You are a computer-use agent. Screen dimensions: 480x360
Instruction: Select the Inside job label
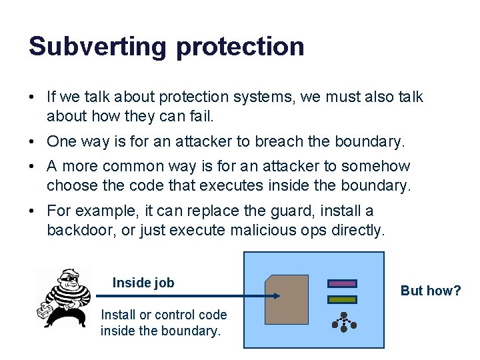(143, 283)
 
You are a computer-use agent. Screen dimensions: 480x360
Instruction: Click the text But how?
(431, 291)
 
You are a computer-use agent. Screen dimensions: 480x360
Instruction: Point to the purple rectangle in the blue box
(342, 283)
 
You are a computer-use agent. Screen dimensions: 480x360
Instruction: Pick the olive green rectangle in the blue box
(342, 300)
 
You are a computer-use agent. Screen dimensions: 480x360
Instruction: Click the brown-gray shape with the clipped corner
(287, 299)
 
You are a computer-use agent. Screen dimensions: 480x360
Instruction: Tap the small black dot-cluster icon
(344, 324)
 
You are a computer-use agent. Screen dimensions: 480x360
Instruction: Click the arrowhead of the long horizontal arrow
(275, 295)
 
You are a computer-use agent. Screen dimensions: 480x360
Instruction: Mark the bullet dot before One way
(33, 142)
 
